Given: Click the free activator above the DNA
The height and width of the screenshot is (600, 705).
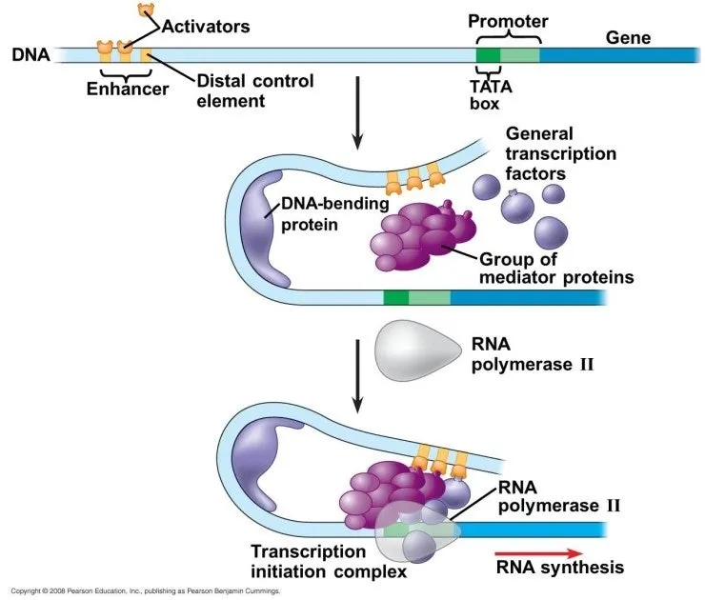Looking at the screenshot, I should (146, 10).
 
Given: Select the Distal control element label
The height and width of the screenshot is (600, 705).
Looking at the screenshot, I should (254, 90).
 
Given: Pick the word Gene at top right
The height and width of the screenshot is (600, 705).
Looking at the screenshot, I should (628, 38).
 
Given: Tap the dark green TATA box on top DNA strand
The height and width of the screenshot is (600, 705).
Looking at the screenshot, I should (488, 54).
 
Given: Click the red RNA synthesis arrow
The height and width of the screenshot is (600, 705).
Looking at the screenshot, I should (538, 551).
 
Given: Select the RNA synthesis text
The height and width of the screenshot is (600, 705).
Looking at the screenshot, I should (560, 568).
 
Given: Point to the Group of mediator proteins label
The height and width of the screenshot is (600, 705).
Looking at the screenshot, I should (556, 268).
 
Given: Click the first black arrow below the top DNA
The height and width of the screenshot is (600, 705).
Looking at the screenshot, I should (357, 114).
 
